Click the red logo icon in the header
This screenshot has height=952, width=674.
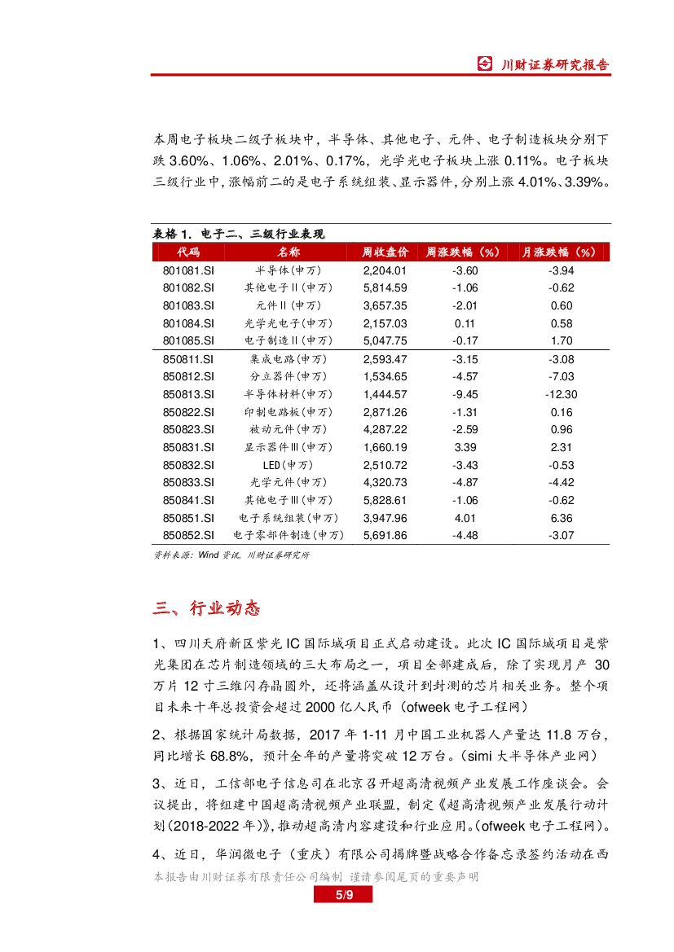click(x=485, y=64)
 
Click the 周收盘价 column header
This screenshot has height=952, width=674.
click(x=385, y=252)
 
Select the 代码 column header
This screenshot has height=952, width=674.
click(x=188, y=252)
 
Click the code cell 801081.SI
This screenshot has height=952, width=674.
click(x=188, y=270)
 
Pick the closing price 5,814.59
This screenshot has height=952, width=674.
click(x=385, y=288)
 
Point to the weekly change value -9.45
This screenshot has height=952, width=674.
click(x=465, y=394)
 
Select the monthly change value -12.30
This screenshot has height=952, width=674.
click(x=562, y=394)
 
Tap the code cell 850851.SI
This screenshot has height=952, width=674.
click(x=188, y=518)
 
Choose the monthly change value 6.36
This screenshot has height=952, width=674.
click(x=562, y=518)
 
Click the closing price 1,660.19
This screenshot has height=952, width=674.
click(x=385, y=447)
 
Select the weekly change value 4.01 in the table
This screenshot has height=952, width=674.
click(x=465, y=518)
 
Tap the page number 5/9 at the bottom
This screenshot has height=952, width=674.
click(x=342, y=896)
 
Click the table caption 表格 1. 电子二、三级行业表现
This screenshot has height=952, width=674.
click(x=239, y=234)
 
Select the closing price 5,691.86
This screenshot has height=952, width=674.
click(x=385, y=535)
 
